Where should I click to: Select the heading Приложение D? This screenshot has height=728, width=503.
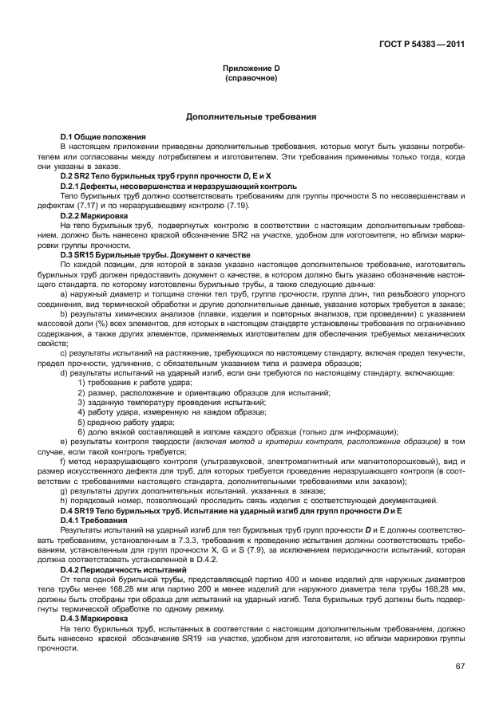[251, 69]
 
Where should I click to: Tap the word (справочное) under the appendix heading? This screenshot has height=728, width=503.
[251, 79]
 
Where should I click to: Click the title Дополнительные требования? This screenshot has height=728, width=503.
[251, 116]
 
